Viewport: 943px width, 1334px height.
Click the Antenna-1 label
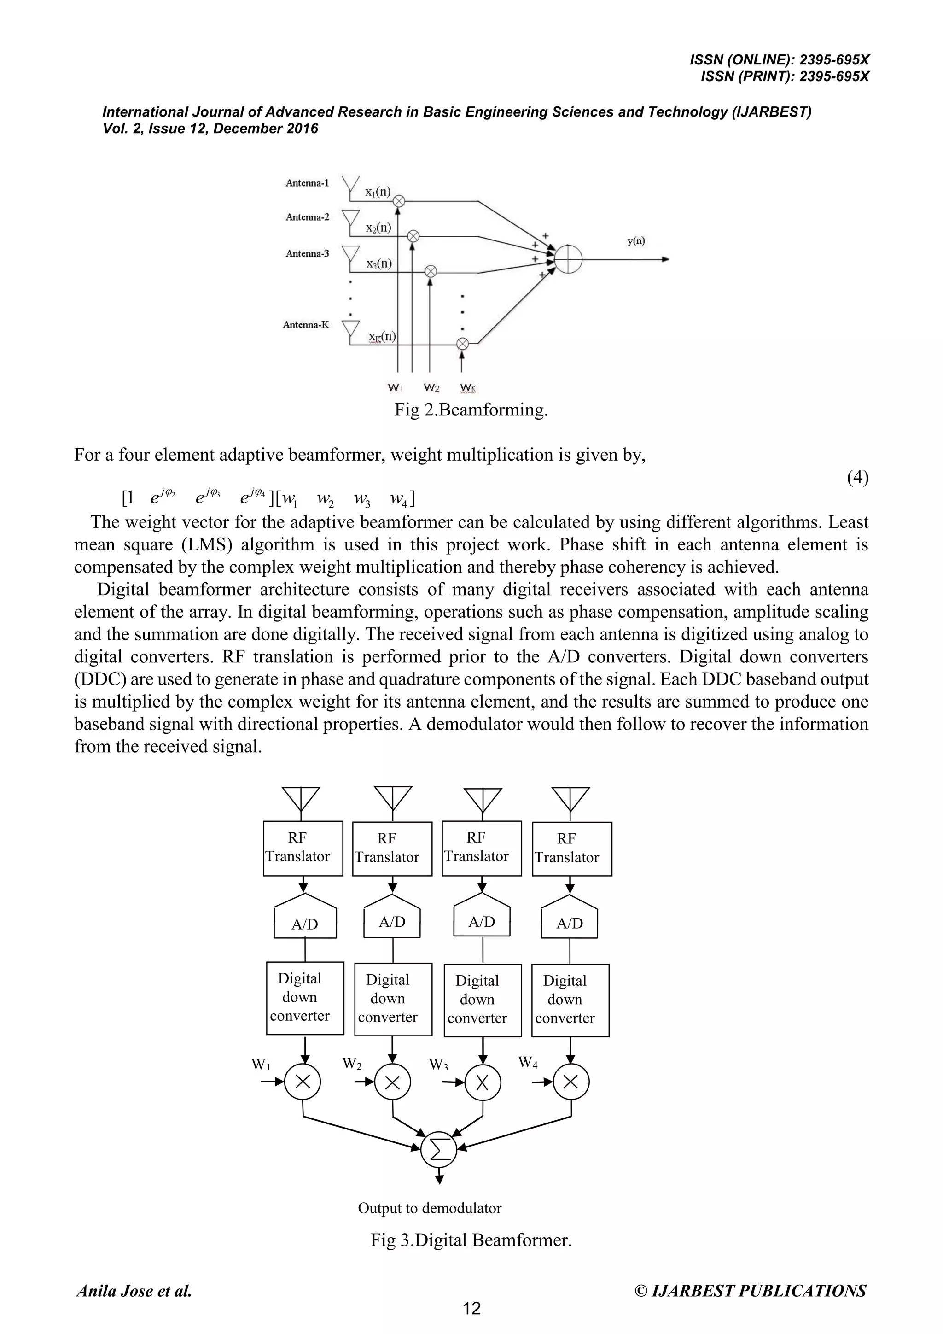pos(307,183)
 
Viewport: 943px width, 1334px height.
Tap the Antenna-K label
pos(305,325)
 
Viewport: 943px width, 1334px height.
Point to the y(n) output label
pos(636,241)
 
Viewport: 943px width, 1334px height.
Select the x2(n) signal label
pos(378,228)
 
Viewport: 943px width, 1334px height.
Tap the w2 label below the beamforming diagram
pos(431,387)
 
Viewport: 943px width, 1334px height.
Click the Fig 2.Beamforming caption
pos(471,410)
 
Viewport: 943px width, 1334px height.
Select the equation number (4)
pos(857,477)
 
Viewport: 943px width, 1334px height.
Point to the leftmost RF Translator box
pos(303,848)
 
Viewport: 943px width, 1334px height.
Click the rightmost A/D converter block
pos(569,923)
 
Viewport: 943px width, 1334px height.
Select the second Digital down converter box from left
pos(393,999)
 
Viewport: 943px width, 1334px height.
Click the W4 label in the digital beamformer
pos(528,1063)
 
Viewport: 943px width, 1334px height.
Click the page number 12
pos(471,1309)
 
